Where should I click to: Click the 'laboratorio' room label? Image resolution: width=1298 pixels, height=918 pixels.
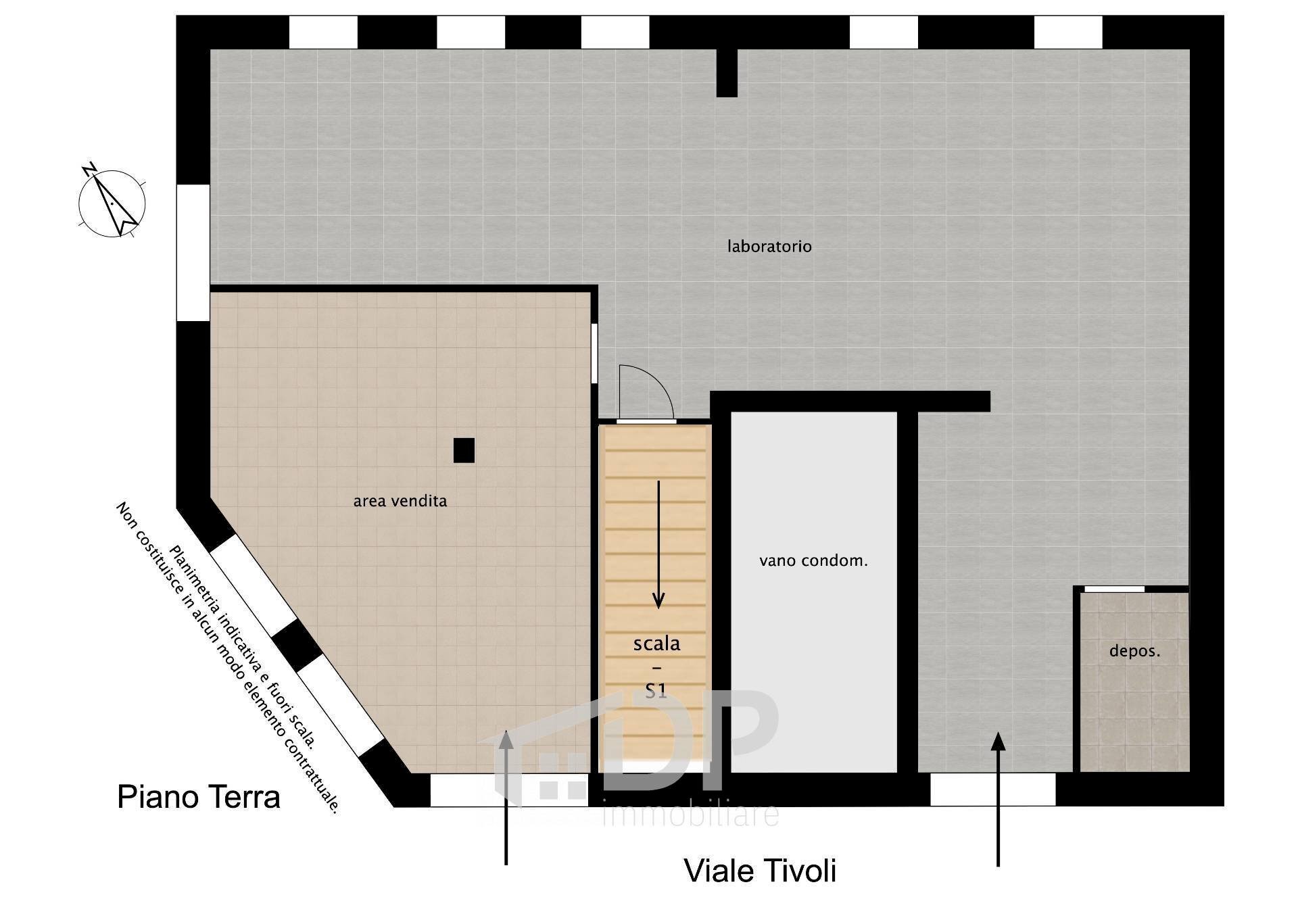(769, 246)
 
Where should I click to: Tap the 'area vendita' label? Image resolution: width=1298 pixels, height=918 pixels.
(400, 501)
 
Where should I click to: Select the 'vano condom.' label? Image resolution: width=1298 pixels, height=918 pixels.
(813, 560)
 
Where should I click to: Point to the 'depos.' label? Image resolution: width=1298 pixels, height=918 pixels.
(1134, 652)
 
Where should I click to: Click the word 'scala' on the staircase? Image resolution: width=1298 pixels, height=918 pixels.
(656, 644)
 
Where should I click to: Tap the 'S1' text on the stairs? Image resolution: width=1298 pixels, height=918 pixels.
(656, 690)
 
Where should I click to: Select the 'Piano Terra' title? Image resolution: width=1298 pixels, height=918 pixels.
(199, 796)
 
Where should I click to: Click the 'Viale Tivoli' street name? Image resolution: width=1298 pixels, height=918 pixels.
(761, 871)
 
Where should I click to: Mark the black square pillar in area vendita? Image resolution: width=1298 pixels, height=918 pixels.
(464, 450)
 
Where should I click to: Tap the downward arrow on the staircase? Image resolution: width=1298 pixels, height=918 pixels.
(658, 544)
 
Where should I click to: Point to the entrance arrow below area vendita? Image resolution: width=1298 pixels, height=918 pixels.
(506, 798)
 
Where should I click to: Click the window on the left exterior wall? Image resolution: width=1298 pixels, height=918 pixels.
(193, 252)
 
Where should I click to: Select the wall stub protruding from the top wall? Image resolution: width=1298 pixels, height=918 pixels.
(727, 73)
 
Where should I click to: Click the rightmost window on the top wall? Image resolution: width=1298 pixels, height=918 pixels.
(1068, 32)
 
